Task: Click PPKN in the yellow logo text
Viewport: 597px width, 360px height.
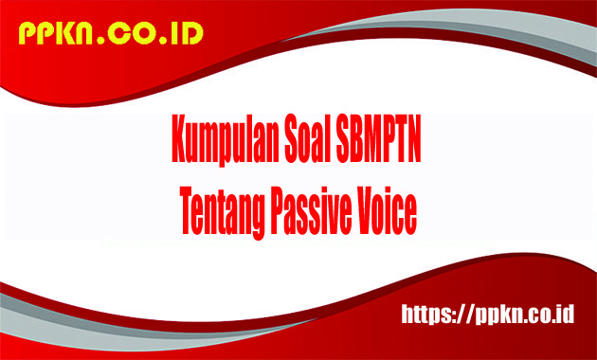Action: [56, 34]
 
